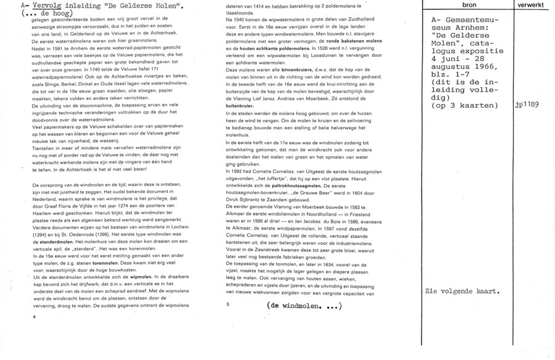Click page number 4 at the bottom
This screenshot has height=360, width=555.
[x=34, y=317]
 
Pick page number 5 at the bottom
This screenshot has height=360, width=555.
[x=228, y=305]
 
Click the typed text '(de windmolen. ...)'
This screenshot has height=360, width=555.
[x=304, y=306]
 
